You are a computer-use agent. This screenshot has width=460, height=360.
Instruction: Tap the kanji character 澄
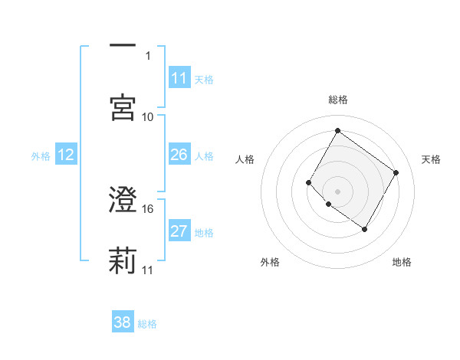coord(123,201)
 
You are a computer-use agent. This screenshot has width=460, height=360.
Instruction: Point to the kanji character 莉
coord(123,260)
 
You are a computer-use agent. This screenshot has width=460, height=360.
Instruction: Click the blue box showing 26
coord(179,155)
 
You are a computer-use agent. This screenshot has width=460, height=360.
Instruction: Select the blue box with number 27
coord(179,232)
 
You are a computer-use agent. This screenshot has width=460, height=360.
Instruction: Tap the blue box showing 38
coord(123,322)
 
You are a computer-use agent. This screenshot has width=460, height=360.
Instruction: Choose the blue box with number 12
coord(66,155)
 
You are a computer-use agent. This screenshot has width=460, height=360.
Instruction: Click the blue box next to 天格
coord(179,79)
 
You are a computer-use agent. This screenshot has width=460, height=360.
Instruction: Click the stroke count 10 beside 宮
coord(148,116)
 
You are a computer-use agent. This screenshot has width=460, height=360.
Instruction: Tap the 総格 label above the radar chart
coord(337,100)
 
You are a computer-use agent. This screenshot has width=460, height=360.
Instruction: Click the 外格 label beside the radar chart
coord(270,262)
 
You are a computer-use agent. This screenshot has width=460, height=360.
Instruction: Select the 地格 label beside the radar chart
coord(402,262)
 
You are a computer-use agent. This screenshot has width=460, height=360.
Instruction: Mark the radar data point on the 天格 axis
coord(396,172)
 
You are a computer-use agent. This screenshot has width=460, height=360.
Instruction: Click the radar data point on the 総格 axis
coord(337,131)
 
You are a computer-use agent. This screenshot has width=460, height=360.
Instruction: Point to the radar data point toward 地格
coord(364,229)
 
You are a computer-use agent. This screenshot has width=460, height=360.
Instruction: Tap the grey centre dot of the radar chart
coord(337,190)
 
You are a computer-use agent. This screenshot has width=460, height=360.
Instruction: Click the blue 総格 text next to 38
coord(147,324)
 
